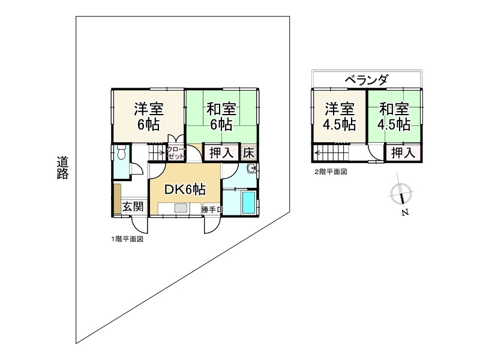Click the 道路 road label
click(x=63, y=167)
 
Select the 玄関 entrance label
click(x=133, y=207)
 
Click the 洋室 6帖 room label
click(x=149, y=117)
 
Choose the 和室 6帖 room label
click(x=221, y=117)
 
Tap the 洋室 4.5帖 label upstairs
click(x=340, y=116)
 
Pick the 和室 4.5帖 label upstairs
click(x=394, y=116)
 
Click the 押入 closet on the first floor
click(x=221, y=152)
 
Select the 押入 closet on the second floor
click(x=403, y=152)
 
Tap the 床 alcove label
click(x=249, y=152)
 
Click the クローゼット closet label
click(x=176, y=152)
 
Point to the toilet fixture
click(x=121, y=154)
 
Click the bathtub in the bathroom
click(x=247, y=202)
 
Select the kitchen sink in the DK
click(x=180, y=209)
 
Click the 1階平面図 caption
click(x=127, y=239)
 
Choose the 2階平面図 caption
click(x=331, y=172)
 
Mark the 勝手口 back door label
click(x=212, y=209)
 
